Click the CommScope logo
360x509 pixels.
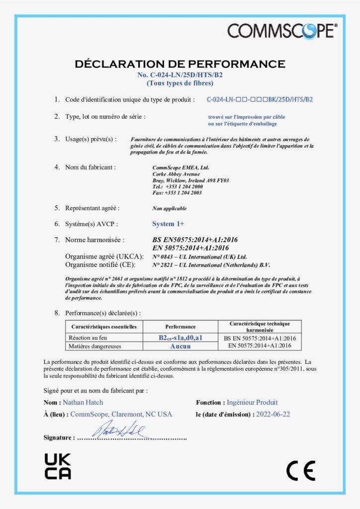tap(282, 31)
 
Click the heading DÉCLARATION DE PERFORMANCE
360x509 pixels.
tap(180, 64)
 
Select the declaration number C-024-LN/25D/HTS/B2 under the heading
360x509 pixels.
tap(180, 75)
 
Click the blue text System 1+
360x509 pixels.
tap(168, 224)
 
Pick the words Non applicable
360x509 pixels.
tap(170, 208)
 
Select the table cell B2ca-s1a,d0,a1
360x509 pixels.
tap(180, 338)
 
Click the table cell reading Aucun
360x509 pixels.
tap(180, 346)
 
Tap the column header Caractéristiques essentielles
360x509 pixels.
tap(104, 327)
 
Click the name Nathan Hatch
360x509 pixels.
tap(83, 402)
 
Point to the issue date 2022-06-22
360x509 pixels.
tap(273, 414)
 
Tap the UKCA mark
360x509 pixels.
tap(58, 466)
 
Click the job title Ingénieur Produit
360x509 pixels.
tap(252, 402)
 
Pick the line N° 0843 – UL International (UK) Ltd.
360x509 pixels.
tap(199, 257)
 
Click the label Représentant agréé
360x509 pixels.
tap(92, 208)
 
